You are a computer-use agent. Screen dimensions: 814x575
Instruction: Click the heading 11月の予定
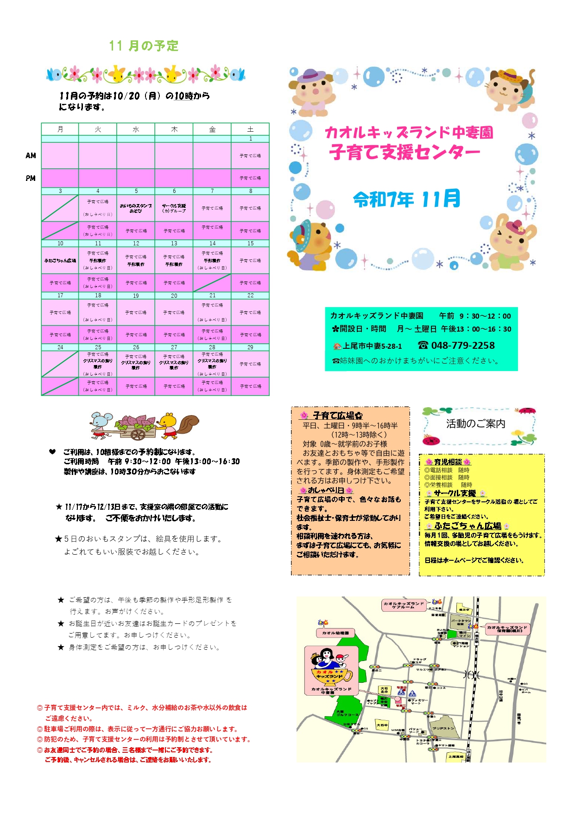(144, 46)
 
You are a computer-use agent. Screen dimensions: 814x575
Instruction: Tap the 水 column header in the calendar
(136, 129)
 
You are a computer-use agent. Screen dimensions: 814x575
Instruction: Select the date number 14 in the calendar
(212, 244)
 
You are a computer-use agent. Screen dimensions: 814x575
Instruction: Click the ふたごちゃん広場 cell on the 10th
(60, 261)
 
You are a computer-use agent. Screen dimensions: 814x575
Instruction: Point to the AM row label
(31, 156)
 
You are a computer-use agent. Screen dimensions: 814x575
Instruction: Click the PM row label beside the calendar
(31, 178)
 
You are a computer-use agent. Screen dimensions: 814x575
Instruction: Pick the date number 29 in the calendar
(250, 347)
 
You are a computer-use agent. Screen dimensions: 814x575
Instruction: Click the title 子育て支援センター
(404, 152)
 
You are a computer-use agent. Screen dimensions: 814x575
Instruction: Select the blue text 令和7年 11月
(406, 199)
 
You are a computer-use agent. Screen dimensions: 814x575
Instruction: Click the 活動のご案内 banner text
(475, 423)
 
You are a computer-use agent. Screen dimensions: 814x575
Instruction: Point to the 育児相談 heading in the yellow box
(448, 462)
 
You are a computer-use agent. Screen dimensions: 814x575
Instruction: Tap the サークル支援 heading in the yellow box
(455, 494)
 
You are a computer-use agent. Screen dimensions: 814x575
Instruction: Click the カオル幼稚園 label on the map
(335, 633)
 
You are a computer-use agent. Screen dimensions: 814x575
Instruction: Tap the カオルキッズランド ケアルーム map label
(403, 605)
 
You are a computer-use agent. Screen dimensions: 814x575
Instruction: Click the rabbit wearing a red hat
(511, 241)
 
